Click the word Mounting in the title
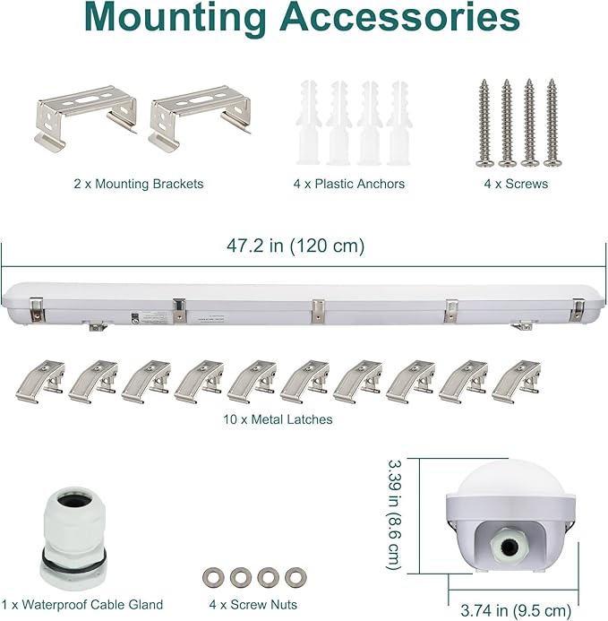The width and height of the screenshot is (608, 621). click(176, 19)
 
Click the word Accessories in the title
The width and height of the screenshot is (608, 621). click(399, 17)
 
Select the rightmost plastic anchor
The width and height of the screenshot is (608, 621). click(398, 123)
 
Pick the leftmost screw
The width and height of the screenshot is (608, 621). click(484, 123)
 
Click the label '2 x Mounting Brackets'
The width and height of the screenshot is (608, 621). click(139, 184)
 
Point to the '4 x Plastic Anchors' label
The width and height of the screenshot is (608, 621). click(349, 184)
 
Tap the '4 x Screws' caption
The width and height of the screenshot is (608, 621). click(516, 184)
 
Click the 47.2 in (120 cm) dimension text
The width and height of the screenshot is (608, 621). click(295, 246)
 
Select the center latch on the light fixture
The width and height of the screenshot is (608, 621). click(318, 311)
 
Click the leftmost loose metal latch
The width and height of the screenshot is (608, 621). click(40, 382)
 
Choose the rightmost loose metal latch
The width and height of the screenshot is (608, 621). click(517, 382)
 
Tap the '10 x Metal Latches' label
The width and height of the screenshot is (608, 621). click(278, 419)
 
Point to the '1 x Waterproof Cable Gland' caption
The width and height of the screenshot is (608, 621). click(82, 605)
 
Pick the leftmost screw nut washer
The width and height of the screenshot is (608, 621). click(213, 578)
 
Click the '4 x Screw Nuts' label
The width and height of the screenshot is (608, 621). click(253, 605)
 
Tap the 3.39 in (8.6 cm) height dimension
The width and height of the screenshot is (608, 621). click(394, 515)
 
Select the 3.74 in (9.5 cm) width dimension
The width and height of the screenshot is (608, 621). click(516, 610)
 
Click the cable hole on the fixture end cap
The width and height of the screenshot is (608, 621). click(508, 548)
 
